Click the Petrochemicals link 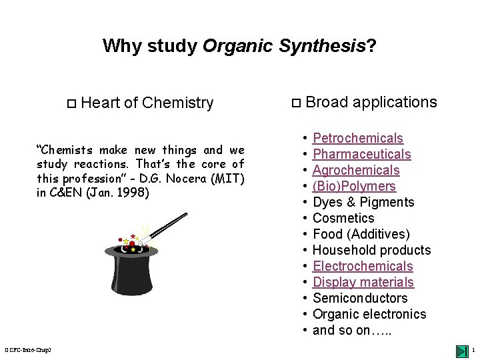click(x=357, y=139)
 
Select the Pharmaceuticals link click(x=361, y=155)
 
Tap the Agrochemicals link click(x=356, y=171)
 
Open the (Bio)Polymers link click(x=354, y=187)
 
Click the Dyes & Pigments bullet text click(x=363, y=203)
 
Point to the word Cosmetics click(x=343, y=219)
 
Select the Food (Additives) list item click(x=361, y=235)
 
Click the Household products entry click(x=371, y=251)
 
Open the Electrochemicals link click(x=363, y=267)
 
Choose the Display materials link click(x=363, y=283)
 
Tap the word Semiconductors click(x=360, y=299)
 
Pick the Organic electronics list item click(x=369, y=315)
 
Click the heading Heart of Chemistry click(x=147, y=103)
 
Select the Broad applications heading click(x=371, y=102)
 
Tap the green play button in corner click(x=461, y=351)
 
